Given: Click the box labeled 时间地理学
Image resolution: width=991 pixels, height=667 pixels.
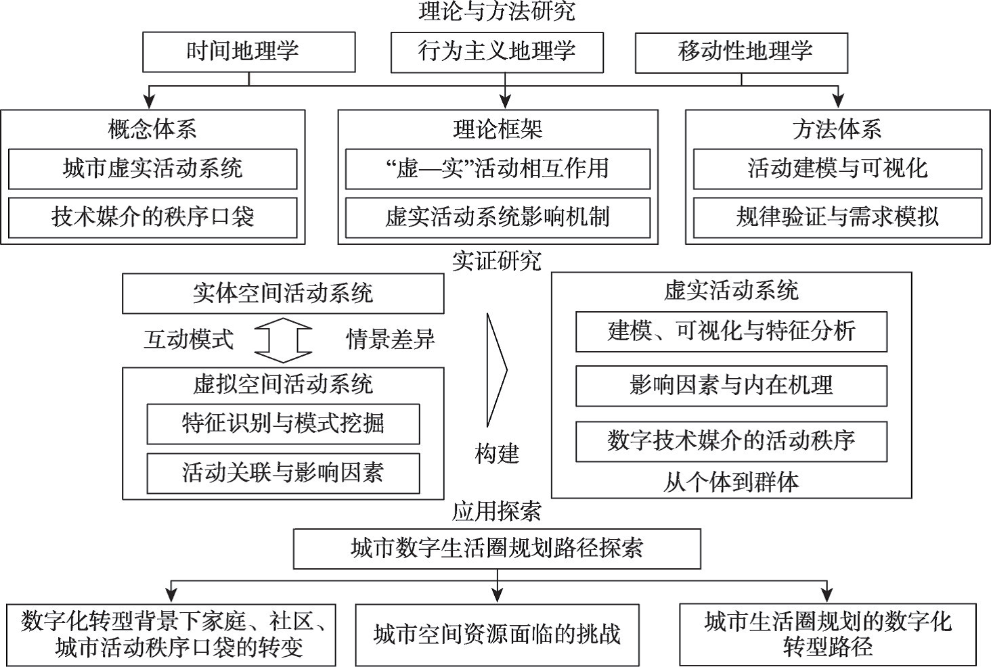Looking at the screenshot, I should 248,52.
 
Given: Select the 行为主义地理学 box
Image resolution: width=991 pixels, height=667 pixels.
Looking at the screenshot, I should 497,52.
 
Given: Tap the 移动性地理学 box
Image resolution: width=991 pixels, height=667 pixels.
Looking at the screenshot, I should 741,52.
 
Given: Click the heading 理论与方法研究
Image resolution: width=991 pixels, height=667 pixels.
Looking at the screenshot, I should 497,11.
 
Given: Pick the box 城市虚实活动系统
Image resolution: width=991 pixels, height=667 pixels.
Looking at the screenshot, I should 152,168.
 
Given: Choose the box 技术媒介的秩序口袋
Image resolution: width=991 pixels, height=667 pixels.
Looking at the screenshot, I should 152,217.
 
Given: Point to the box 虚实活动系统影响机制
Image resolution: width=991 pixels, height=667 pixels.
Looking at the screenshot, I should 498,217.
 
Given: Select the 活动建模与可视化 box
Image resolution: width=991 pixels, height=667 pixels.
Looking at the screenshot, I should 837,168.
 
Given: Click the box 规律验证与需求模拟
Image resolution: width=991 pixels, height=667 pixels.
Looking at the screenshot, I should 837,217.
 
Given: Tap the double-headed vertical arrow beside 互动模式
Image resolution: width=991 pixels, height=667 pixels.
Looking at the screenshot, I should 283,340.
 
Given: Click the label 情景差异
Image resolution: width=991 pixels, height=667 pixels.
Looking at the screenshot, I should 391,340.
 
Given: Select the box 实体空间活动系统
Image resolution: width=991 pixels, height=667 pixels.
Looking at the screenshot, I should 283,294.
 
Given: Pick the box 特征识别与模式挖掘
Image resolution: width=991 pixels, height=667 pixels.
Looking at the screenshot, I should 283,424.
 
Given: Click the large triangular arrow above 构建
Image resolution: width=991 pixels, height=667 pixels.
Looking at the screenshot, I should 496,369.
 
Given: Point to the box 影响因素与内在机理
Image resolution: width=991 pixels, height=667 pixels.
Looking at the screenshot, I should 731,386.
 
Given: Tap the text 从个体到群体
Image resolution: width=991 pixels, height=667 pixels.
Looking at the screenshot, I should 731,482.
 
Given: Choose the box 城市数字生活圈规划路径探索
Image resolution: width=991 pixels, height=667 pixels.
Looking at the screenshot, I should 497,549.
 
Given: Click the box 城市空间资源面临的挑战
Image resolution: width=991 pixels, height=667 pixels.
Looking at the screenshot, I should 497,635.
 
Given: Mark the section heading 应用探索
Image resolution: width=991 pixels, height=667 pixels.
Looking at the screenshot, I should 497,511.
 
